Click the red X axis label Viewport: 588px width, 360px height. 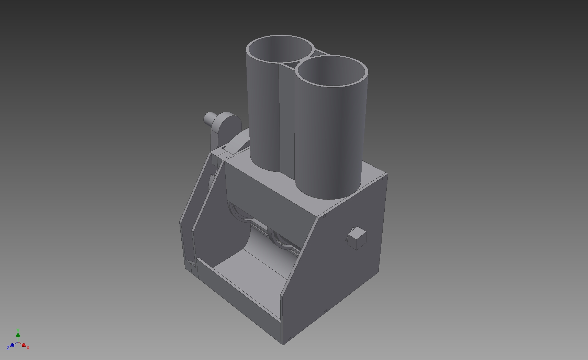pyautogui.click(x=28, y=348)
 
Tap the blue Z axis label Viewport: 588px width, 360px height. pyautogui.click(x=8, y=348)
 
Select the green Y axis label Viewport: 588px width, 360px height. pyautogui.click(x=18, y=330)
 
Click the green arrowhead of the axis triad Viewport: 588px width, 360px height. pyautogui.click(x=18, y=335)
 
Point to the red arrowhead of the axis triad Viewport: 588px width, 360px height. pyautogui.click(x=24, y=345)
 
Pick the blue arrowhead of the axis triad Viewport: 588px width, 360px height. pyautogui.click(x=12, y=345)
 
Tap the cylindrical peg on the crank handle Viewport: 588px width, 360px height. pyautogui.click(x=209, y=118)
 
